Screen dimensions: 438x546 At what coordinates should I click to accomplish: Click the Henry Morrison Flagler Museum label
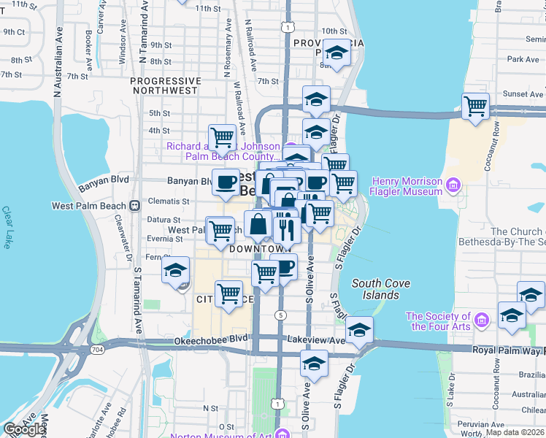tap(407, 186)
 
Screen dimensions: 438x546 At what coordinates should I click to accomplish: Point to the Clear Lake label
tap(7, 227)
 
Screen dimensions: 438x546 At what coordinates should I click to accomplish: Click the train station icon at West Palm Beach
tap(134, 206)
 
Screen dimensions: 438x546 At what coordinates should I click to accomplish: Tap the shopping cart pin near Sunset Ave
tap(475, 107)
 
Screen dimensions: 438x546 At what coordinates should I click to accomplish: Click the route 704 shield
tap(98, 350)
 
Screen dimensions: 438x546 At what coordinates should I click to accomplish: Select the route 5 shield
tap(280, 315)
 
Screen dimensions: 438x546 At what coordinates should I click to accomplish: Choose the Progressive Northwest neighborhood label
tap(165, 85)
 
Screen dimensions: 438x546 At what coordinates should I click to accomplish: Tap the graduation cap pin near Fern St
tap(176, 271)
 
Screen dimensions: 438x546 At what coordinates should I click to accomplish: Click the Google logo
tap(24, 429)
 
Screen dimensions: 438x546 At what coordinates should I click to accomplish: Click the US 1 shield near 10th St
tap(290, 27)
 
